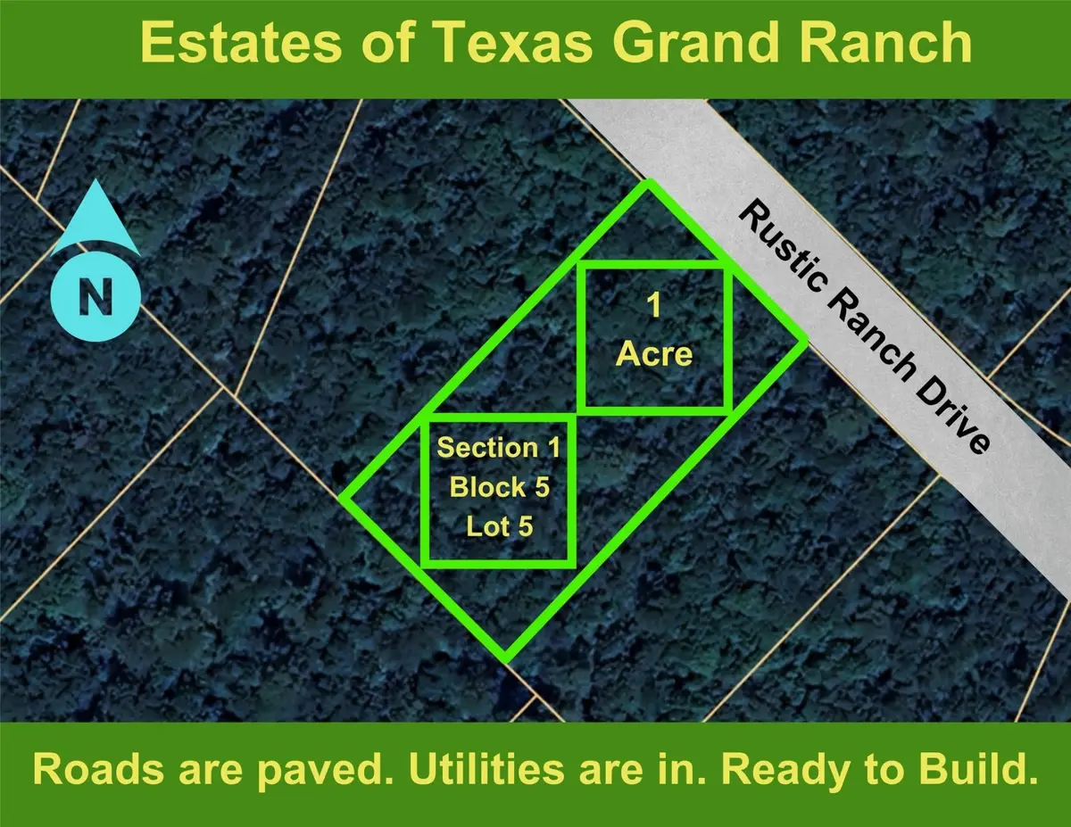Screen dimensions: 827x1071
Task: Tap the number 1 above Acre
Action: pos(654,308)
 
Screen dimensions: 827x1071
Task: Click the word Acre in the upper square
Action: pos(654,353)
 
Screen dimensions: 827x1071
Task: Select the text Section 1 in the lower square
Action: pos(499,447)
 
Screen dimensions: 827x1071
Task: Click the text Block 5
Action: pos(499,487)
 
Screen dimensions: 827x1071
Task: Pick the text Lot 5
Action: pos(499,526)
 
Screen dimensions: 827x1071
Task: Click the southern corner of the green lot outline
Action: pos(505,658)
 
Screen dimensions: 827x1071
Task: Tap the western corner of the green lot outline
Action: pos(344,497)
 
